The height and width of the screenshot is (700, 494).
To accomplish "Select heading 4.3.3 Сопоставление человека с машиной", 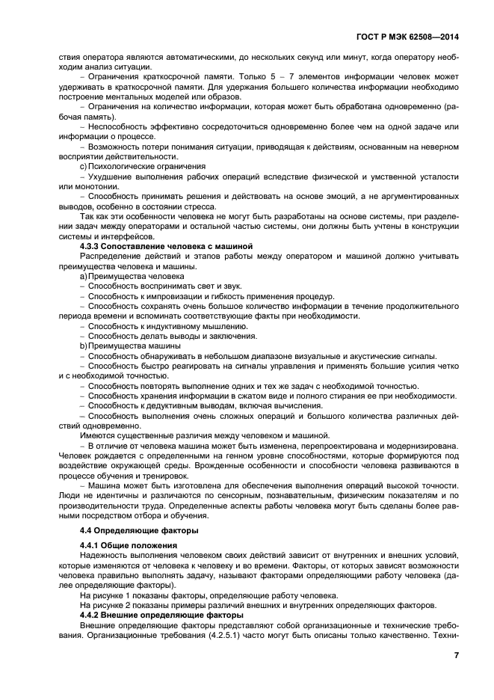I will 166,245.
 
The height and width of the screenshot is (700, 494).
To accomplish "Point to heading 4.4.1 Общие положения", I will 128,545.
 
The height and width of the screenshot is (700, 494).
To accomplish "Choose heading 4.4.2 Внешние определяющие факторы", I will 161,615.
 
